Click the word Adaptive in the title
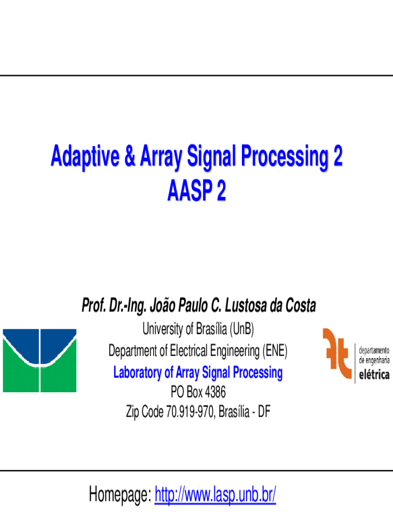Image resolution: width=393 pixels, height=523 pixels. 85,157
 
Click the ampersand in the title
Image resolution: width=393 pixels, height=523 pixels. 130,156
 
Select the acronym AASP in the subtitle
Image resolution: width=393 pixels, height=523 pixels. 190,191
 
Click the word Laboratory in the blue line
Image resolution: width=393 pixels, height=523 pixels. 137,372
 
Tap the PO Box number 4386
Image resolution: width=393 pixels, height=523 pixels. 215,392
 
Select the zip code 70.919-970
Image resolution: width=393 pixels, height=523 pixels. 190,412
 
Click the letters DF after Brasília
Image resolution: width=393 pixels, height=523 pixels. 264,412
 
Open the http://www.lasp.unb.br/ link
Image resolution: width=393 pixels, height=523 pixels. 215,494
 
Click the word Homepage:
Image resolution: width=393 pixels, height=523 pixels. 120,494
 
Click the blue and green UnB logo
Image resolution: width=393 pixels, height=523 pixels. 40,360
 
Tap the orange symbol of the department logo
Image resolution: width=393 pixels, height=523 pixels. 337,353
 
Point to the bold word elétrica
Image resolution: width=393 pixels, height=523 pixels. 374,374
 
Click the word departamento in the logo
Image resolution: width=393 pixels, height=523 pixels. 374,351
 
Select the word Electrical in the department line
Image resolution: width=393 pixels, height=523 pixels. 189,351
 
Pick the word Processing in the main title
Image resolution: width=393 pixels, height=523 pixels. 284,157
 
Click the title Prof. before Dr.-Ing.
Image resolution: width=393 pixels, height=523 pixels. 94,305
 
